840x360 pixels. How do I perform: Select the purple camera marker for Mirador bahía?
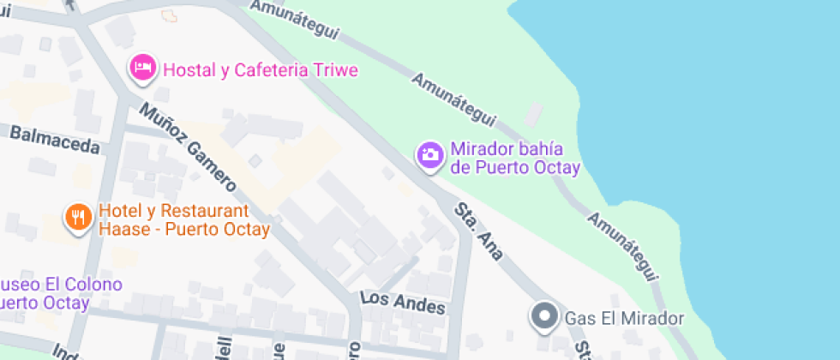[x=430, y=155]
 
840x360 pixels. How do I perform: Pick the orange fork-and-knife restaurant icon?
[x=78, y=217]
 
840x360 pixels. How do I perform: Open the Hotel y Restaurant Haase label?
[x=183, y=220]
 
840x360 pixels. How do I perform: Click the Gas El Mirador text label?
[x=624, y=319]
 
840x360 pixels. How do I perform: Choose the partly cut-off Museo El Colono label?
[x=60, y=293]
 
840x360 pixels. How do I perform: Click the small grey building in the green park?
[x=535, y=115]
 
